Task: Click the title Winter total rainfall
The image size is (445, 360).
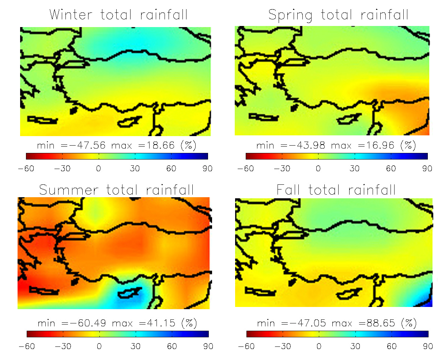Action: point(118,15)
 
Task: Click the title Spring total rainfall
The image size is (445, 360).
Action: point(338,15)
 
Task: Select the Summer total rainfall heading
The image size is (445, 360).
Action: point(116,190)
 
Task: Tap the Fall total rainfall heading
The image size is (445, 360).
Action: point(336,190)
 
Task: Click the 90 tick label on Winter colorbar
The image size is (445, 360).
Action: point(207,169)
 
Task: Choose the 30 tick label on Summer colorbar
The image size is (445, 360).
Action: point(136,346)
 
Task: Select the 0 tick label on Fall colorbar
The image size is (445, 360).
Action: point(319,346)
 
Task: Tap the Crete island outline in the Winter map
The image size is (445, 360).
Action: point(42,120)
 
